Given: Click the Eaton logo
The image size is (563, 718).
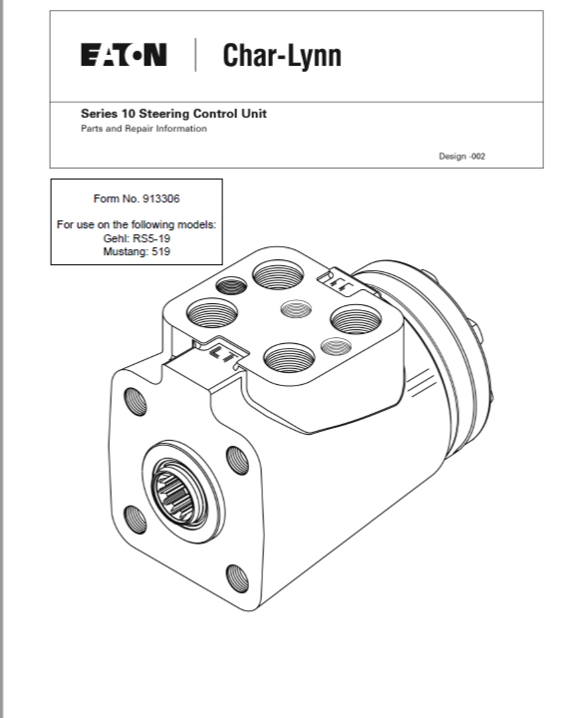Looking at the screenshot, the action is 124,55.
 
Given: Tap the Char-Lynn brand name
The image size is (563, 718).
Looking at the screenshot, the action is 282,56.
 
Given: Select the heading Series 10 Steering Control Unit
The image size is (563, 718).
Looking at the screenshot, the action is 173,114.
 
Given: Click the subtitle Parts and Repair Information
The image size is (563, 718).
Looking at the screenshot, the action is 143,129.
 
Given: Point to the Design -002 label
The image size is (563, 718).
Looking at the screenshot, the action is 461,157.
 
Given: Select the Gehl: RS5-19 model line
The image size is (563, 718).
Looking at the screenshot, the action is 137,238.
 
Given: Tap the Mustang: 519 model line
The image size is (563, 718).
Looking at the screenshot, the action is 137,251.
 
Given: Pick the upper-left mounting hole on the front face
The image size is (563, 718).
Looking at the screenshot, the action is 136,401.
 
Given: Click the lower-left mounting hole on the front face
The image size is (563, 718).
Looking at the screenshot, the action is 136,520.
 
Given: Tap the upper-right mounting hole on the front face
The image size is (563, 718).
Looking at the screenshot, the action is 238,460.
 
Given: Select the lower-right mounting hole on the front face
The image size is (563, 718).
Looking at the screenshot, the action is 238,578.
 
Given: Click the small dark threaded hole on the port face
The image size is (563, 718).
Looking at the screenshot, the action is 231,286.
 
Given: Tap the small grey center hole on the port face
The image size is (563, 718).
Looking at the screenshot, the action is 296,308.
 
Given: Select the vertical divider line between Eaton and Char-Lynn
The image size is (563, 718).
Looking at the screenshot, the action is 196,55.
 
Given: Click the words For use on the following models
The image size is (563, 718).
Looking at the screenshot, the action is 137,224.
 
